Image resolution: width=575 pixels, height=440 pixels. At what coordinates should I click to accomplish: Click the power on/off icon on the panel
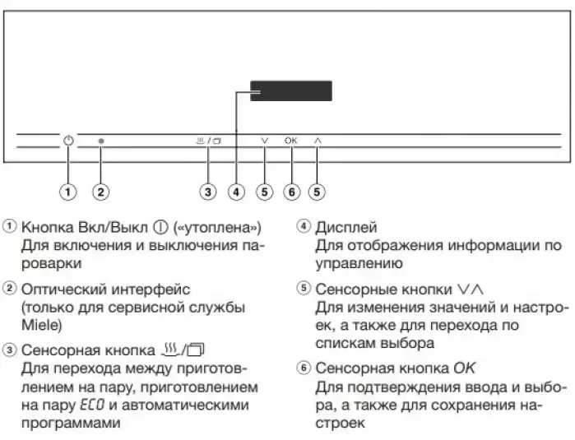click(x=68, y=141)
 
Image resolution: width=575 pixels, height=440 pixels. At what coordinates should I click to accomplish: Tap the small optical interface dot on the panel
click(x=100, y=141)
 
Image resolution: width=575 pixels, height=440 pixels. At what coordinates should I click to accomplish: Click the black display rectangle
click(x=291, y=90)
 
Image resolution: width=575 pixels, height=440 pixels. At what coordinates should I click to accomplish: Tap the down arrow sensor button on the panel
click(x=263, y=141)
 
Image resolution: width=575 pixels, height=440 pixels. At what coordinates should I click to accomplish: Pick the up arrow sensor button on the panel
click(x=318, y=141)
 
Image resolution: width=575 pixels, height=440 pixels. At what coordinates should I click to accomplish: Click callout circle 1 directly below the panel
click(x=68, y=192)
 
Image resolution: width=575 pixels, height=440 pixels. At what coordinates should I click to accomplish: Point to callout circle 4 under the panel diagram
click(x=236, y=192)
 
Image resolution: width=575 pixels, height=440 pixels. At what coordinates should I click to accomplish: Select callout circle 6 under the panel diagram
click(x=290, y=192)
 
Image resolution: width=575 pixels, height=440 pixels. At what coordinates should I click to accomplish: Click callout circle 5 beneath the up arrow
click(x=318, y=192)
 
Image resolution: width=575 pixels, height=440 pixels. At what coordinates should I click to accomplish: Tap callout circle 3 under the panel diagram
click(x=209, y=192)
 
